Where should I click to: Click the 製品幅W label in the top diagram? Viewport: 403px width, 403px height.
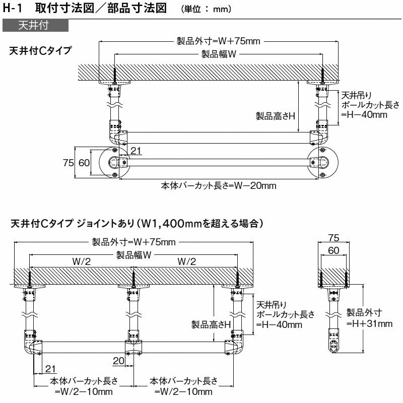tap(219, 54)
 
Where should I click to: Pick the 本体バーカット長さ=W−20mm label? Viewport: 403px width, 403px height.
tap(218, 185)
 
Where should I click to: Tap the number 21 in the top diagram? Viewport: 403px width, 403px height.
tap(136, 150)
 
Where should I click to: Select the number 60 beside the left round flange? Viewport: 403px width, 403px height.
tap(84, 162)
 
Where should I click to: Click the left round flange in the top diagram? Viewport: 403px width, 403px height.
tap(115, 162)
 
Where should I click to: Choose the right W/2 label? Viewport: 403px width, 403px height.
tap(186, 261)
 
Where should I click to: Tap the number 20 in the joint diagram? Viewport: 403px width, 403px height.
tap(118, 360)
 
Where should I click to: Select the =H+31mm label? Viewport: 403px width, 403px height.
tap(370, 323)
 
